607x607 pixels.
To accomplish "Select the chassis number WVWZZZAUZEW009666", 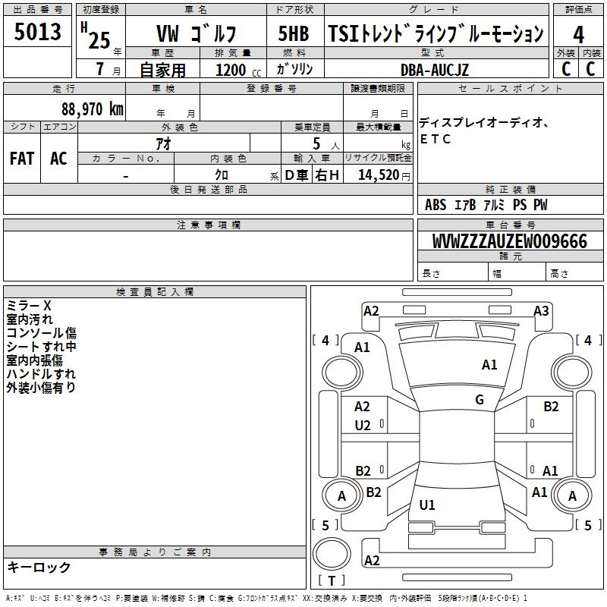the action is click(510, 242).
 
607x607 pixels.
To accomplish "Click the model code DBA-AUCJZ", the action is click(445, 70).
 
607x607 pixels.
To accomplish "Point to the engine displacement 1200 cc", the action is click(233, 71).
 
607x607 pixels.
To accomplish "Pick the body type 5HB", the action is click(294, 34).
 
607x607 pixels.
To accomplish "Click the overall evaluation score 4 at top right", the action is click(579, 35).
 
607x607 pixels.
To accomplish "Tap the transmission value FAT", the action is click(22, 159).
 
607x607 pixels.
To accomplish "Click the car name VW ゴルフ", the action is click(196, 35).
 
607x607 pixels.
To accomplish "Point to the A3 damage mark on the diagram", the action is click(541, 310).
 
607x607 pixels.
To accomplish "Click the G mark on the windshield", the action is click(480, 400).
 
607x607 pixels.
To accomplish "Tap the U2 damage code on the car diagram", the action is click(363, 426).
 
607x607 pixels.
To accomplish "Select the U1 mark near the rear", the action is click(427, 505).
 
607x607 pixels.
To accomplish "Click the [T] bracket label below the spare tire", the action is click(332, 580).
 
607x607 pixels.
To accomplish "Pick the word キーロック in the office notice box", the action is click(39, 568).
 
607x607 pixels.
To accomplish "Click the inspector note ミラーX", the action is click(29, 306).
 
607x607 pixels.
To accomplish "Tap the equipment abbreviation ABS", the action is click(436, 205).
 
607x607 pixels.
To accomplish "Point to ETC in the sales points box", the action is click(436, 140).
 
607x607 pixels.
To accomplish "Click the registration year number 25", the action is click(99, 40).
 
